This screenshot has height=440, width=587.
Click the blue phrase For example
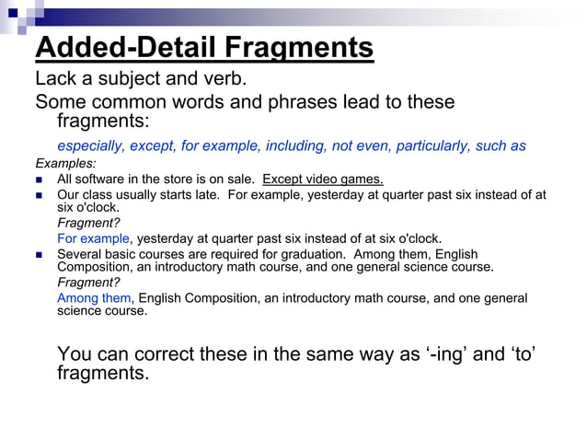click(93, 238)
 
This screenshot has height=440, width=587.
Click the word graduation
click(332, 253)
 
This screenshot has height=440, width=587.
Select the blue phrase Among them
click(94, 298)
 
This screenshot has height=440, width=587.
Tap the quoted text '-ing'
click(438, 354)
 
